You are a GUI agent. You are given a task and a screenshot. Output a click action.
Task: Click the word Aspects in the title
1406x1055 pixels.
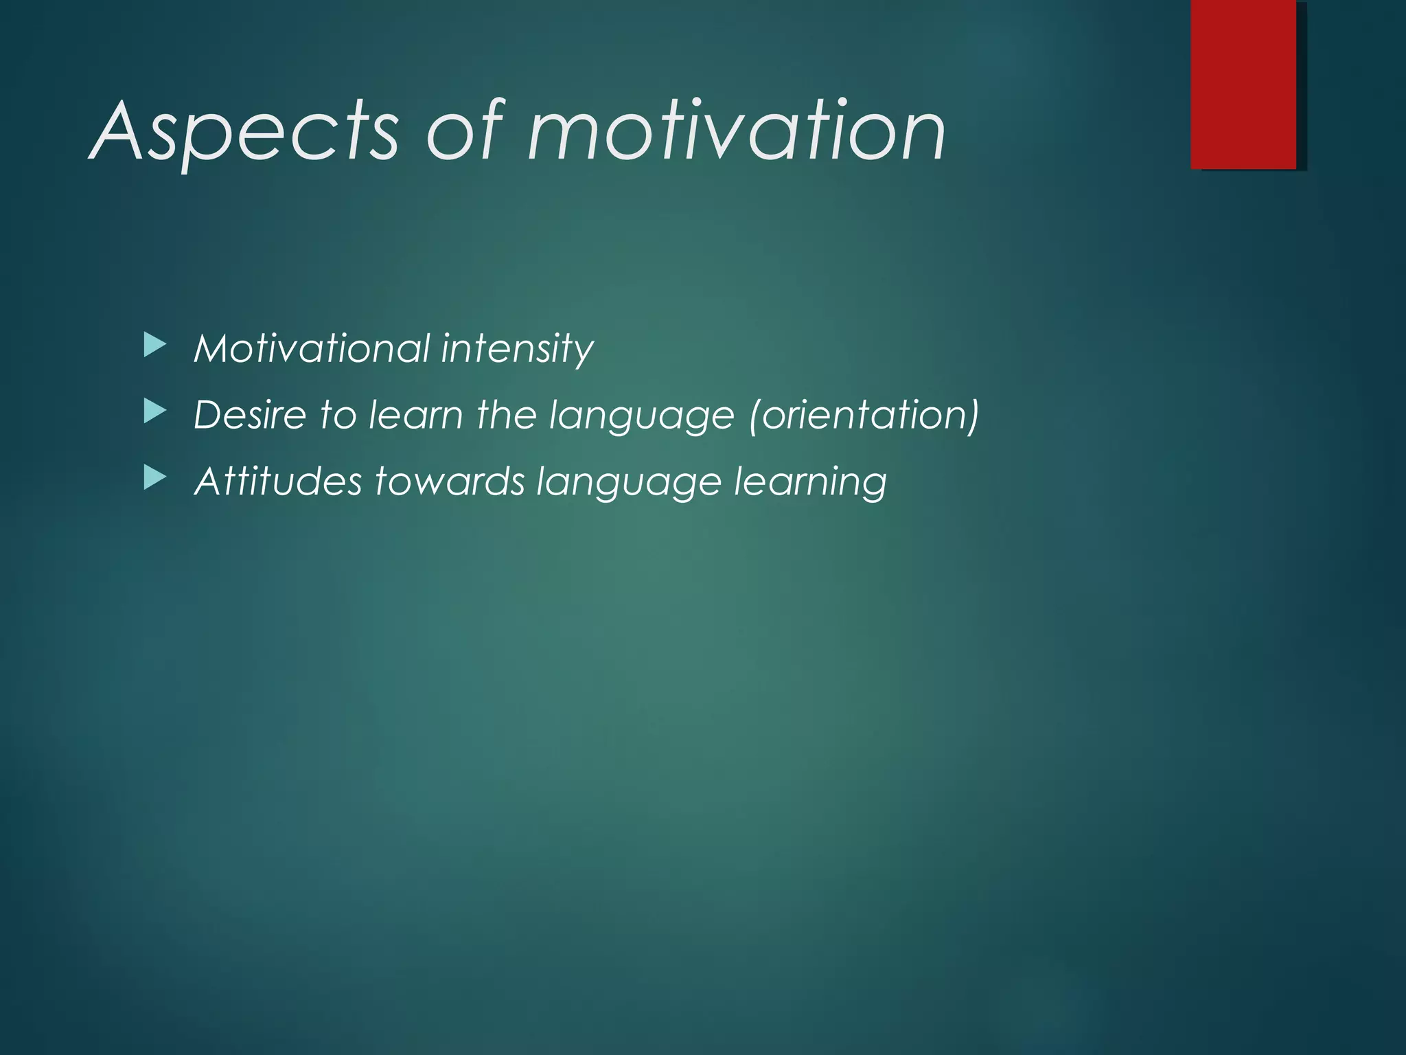244,132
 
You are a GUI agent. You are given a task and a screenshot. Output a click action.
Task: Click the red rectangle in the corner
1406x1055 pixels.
1243,84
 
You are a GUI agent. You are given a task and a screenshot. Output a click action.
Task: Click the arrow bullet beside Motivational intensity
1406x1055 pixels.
155,345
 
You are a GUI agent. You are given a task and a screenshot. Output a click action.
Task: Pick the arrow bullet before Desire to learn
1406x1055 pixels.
155,412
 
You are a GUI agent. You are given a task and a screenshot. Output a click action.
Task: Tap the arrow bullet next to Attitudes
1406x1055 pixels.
155,478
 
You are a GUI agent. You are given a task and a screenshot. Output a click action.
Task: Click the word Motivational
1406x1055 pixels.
312,348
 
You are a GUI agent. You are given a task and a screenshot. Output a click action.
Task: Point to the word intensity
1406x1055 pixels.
517,350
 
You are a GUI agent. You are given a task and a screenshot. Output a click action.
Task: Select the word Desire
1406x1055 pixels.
250,415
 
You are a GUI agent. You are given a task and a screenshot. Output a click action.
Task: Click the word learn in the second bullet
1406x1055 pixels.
416,415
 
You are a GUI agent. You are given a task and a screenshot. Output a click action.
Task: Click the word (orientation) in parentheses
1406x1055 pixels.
864,415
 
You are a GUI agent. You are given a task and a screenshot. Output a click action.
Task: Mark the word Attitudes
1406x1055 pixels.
278,481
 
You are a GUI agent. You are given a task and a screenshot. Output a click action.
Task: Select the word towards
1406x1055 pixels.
450,481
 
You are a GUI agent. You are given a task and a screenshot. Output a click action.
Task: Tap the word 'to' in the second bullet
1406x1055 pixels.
338,415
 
